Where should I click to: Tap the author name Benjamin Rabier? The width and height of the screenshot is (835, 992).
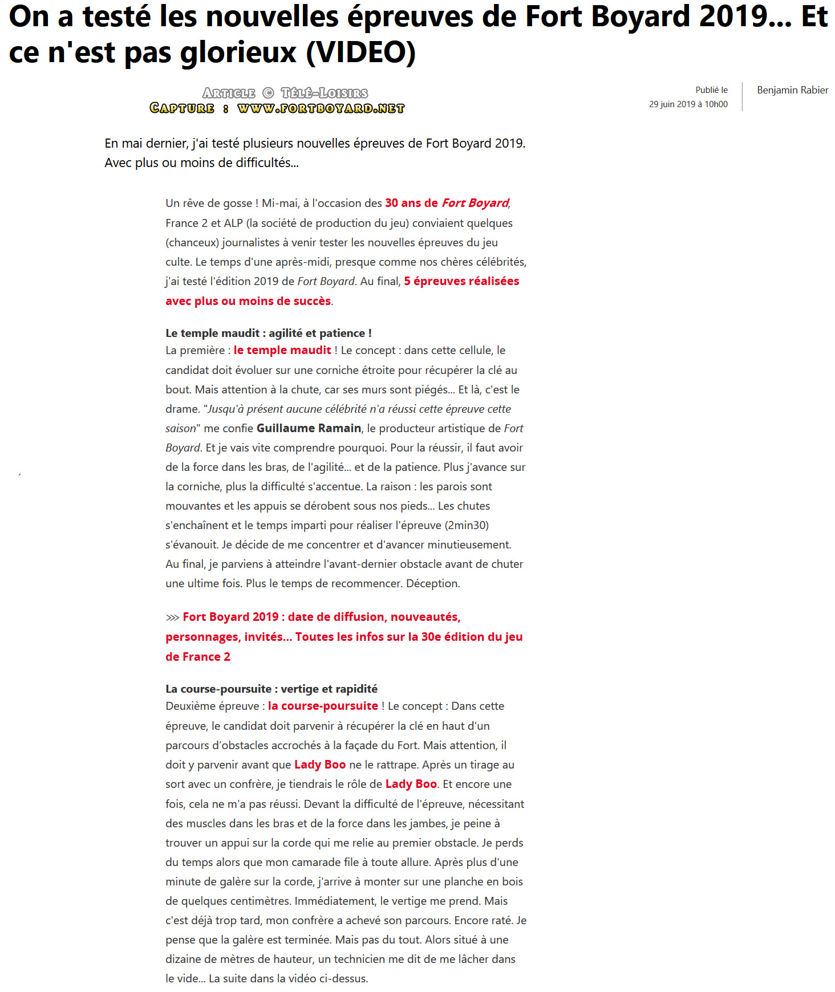792,90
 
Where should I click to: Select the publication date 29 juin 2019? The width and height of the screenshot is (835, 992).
671,104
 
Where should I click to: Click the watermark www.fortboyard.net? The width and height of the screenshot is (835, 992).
321,108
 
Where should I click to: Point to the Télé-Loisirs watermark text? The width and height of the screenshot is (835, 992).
324,93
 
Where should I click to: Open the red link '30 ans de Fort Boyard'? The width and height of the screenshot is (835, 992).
447,203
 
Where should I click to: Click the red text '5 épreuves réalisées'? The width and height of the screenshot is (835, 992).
461,281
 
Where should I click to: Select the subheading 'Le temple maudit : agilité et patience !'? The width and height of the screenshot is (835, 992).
268,333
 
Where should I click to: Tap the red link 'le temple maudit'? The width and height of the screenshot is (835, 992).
282,350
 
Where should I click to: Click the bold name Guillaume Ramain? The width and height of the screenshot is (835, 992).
309,428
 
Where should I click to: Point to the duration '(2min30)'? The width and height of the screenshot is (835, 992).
466,525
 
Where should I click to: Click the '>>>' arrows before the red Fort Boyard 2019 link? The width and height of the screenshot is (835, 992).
172,617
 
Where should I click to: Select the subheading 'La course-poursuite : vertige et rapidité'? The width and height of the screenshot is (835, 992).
271,689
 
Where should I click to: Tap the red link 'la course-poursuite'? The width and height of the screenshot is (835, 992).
323,706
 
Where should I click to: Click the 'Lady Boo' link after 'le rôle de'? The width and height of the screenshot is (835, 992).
411,784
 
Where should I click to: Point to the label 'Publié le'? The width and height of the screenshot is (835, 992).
711,90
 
